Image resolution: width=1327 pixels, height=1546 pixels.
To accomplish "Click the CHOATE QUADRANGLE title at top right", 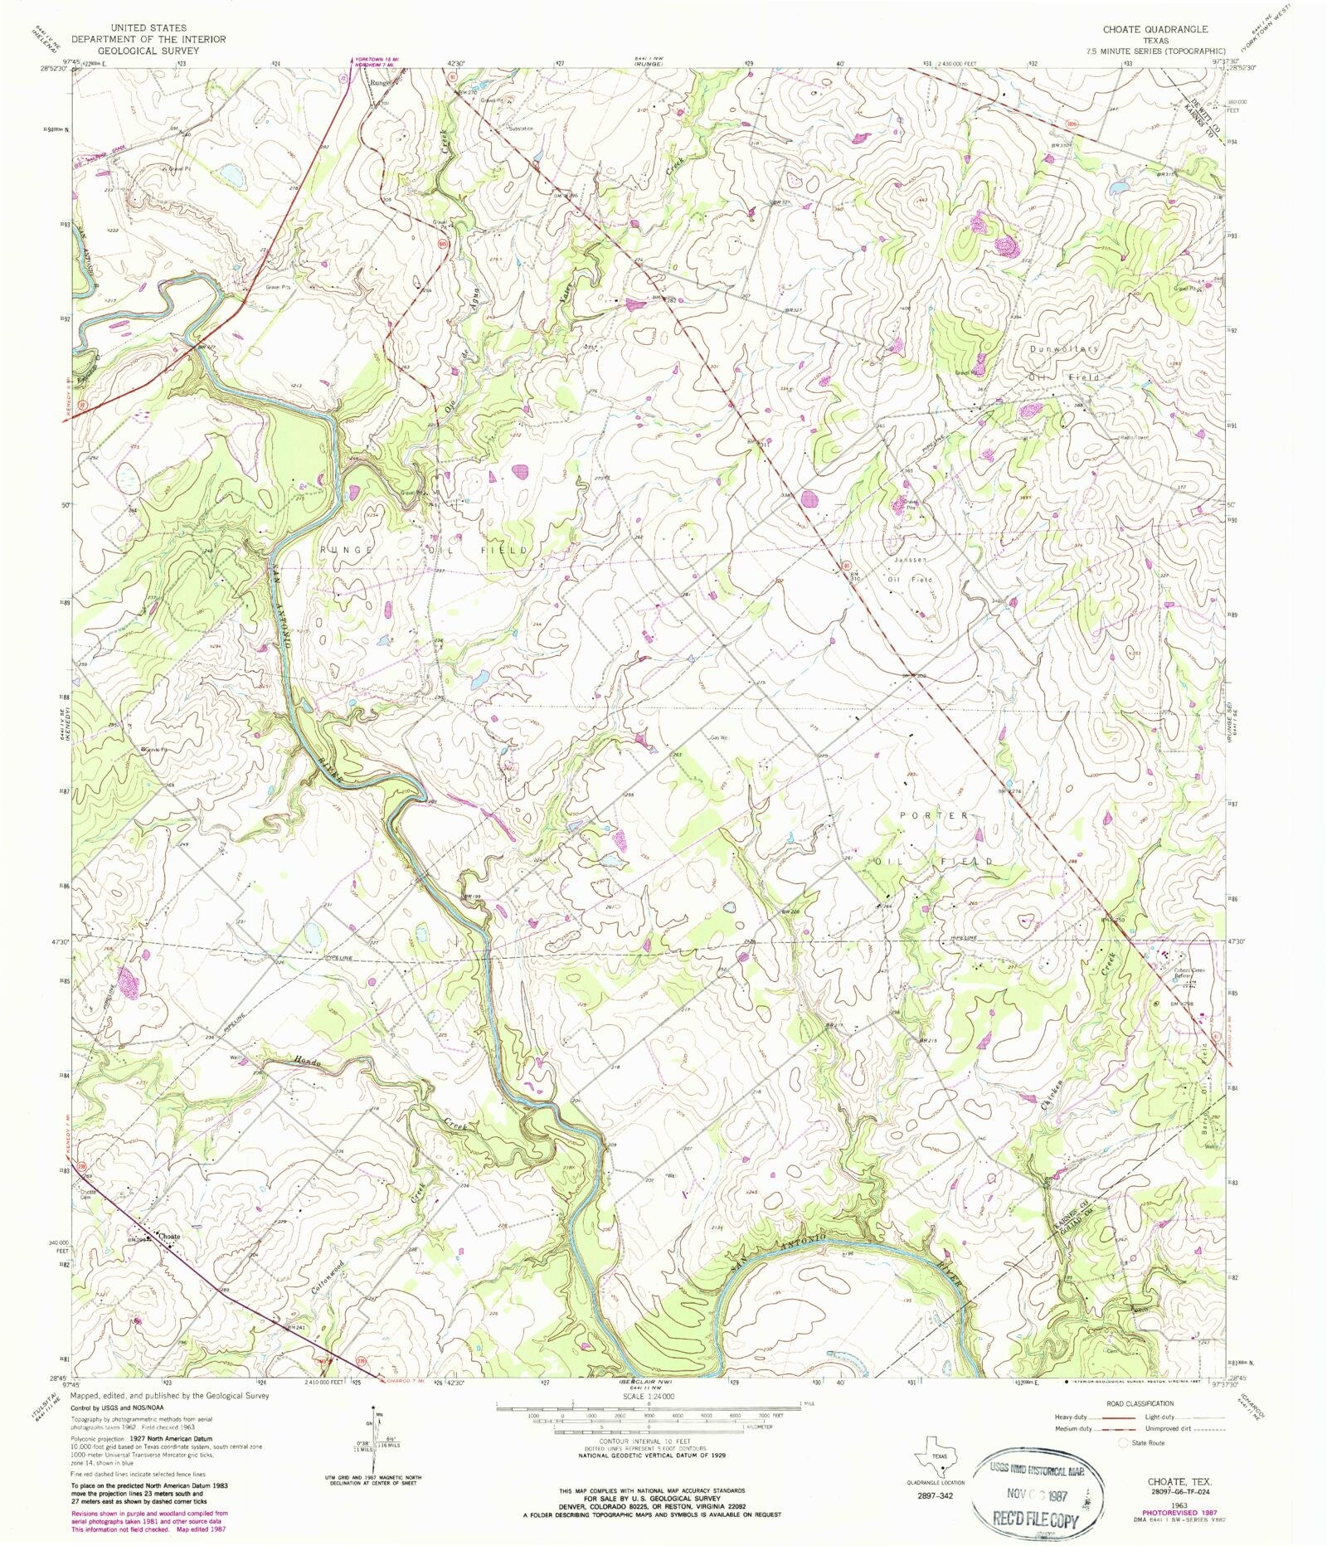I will [x=1154, y=29].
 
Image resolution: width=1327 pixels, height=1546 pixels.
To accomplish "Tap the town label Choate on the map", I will [x=169, y=1236].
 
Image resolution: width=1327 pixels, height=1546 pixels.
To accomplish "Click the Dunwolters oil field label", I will [x=1064, y=348].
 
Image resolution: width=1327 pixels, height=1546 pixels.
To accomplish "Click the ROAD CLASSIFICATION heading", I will [x=1141, y=1403].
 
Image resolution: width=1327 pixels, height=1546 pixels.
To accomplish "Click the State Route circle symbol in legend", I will [x=1124, y=1442].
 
